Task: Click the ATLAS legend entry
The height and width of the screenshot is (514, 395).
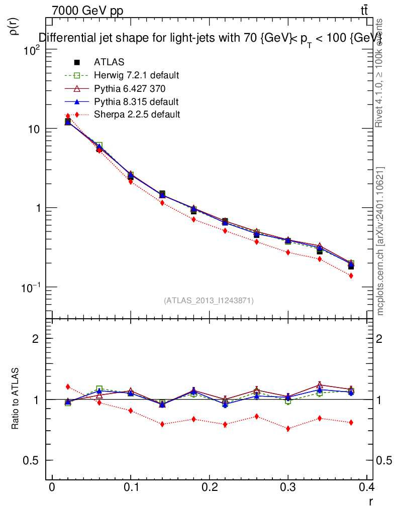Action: (x=109, y=62)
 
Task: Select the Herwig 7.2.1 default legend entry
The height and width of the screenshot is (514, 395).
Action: (x=136, y=75)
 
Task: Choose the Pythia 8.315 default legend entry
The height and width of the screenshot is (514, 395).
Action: (x=136, y=101)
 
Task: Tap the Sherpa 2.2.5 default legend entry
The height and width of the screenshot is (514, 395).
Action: (x=137, y=114)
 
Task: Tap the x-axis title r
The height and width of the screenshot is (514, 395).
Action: (x=371, y=500)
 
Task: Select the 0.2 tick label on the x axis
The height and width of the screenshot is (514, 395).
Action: (x=209, y=487)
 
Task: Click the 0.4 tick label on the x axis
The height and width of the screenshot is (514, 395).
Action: (x=366, y=487)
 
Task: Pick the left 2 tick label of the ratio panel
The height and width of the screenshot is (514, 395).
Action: (x=36, y=338)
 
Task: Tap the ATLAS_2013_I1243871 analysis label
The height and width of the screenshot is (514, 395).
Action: (x=209, y=301)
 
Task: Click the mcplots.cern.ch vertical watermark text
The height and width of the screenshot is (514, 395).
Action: (x=380, y=241)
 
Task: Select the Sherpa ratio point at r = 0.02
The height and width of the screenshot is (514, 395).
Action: (x=68, y=387)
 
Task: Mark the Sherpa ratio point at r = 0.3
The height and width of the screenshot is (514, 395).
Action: (x=288, y=429)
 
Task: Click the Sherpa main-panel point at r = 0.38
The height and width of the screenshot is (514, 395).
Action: (x=351, y=276)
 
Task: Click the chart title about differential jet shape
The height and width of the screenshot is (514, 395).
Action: (x=211, y=38)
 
